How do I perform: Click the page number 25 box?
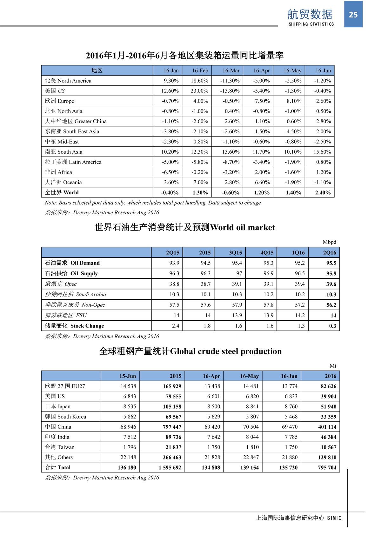pyautogui.click(x=353, y=14)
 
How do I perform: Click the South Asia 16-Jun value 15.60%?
pyautogui.click(x=322, y=152)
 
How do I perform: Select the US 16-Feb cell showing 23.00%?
pyautogui.click(x=199, y=91)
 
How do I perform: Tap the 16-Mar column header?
pyautogui.click(x=231, y=70)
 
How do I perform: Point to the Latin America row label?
pyautogui.click(x=73, y=162)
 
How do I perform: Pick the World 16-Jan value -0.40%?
pyautogui.click(x=170, y=192)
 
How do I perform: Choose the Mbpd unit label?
pyautogui.click(x=329, y=242)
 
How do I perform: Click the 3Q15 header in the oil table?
pyautogui.click(x=235, y=253)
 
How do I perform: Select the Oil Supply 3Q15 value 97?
pyautogui.click(x=239, y=273)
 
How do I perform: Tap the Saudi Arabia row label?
pyautogui.click(x=76, y=294)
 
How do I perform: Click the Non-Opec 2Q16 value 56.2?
pyautogui.click(x=331, y=305)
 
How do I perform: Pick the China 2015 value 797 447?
pyautogui.click(x=172, y=427)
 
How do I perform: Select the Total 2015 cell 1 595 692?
pyautogui.click(x=170, y=467)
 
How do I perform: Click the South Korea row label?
pyautogui.click(x=65, y=417)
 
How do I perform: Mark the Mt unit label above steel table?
pyautogui.click(x=333, y=366)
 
